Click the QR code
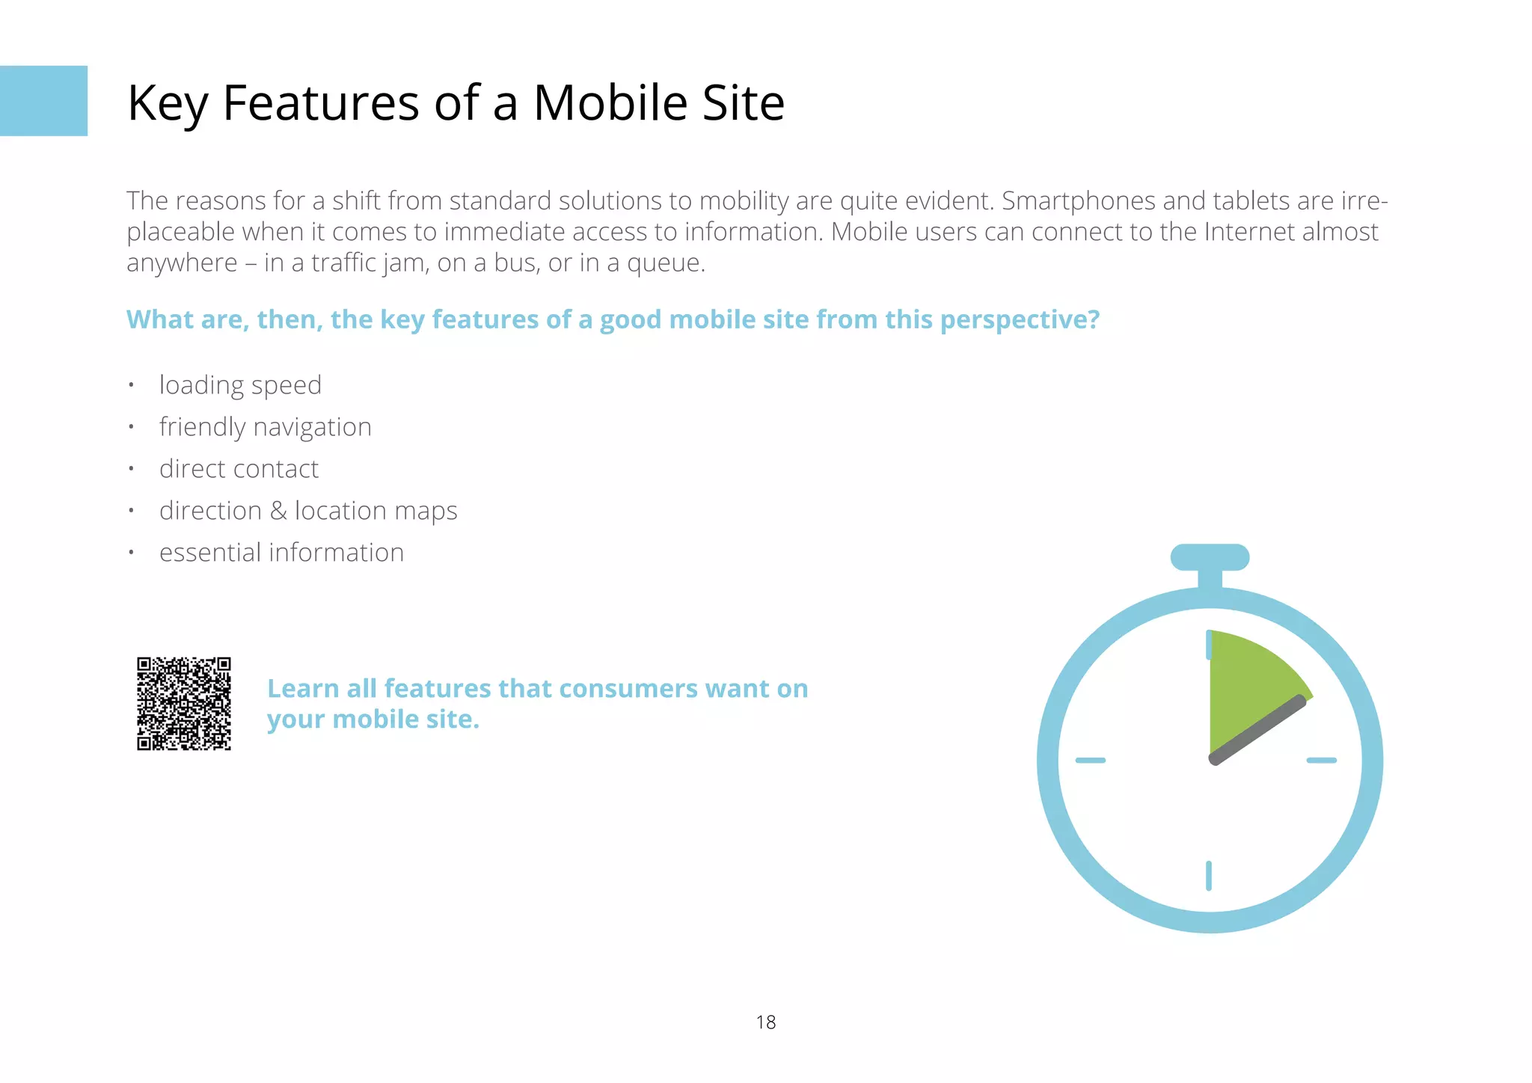click(x=184, y=703)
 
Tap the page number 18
click(x=765, y=1022)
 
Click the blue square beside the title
click(x=43, y=101)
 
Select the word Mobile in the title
click(x=610, y=102)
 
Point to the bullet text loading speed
click(x=240, y=385)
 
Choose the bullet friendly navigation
click(x=265, y=427)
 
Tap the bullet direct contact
click(x=239, y=469)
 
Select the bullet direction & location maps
click(x=307, y=511)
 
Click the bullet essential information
click(x=281, y=553)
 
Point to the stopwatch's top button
click(x=1210, y=557)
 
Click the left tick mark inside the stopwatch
click(x=1090, y=760)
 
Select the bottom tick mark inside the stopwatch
click(x=1209, y=876)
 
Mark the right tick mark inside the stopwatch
click(x=1321, y=760)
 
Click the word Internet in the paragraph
click(x=1249, y=232)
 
